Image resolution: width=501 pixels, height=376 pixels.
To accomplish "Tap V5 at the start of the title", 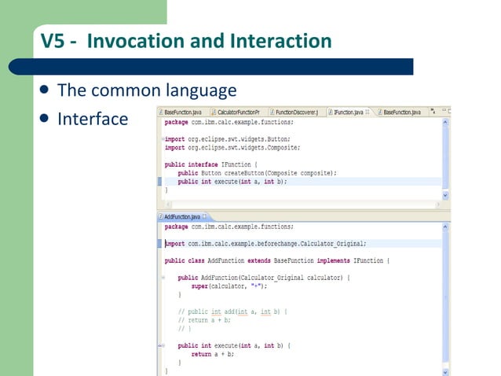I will tap(52, 40).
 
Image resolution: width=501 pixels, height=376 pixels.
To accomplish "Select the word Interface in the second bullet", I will tap(93, 119).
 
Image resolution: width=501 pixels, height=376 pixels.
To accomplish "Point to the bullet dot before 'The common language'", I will tap(44, 90).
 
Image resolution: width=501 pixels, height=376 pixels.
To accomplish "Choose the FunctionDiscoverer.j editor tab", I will tap(296, 112).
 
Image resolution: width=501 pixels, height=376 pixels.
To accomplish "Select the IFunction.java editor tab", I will tap(348, 112).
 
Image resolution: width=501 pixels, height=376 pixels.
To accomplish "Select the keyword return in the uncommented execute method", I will tap(202, 354).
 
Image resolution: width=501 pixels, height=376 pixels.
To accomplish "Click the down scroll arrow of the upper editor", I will tap(446, 195).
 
